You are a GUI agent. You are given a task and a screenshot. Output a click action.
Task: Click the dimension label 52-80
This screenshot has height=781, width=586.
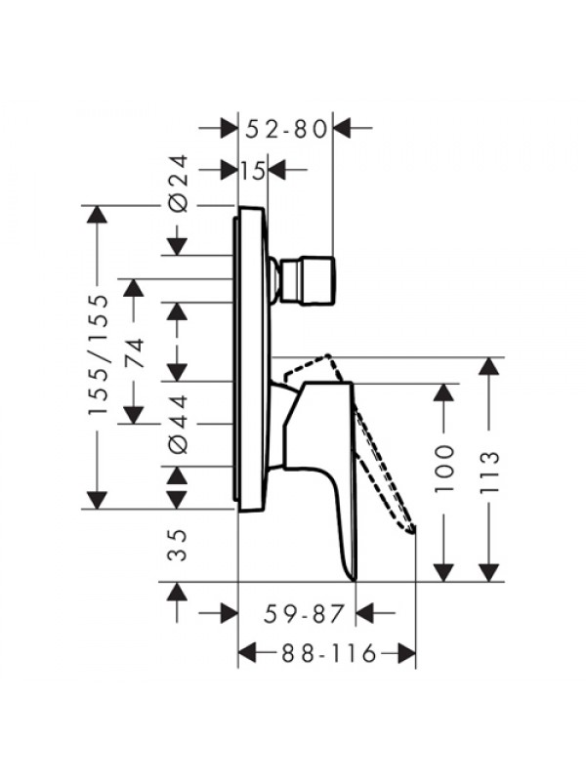(x=286, y=129)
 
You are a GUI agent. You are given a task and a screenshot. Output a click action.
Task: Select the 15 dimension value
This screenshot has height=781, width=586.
(x=254, y=171)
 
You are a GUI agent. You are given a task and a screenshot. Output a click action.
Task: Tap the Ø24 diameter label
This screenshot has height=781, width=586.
(x=179, y=184)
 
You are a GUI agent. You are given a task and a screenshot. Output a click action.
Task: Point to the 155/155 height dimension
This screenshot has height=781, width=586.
(x=98, y=355)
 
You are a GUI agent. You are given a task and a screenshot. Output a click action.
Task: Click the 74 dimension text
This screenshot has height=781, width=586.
(x=134, y=352)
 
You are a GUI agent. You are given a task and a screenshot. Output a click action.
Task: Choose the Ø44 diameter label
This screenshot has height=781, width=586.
(x=179, y=424)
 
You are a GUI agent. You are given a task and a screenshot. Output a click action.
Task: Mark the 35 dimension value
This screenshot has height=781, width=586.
(x=179, y=546)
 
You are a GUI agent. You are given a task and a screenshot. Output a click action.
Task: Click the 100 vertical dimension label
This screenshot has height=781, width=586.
(x=444, y=470)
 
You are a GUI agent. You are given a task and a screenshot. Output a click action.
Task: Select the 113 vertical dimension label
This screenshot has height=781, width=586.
(x=489, y=473)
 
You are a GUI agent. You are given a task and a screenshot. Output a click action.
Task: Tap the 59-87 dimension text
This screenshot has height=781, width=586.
(x=304, y=613)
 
